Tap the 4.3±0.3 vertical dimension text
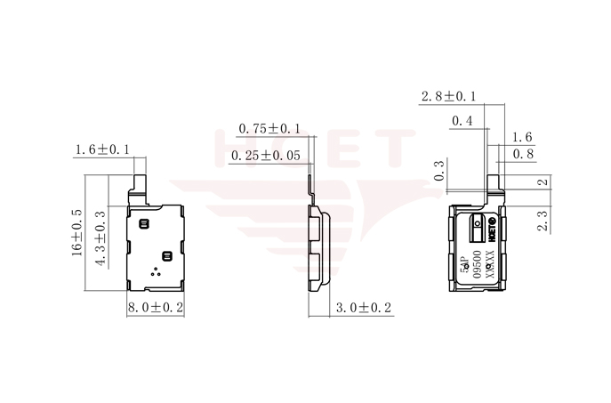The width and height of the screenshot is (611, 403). pyautogui.click(x=100, y=238)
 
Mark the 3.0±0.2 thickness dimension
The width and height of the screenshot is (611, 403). pyautogui.click(x=363, y=308)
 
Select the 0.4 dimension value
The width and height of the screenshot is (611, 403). pyautogui.click(x=462, y=121)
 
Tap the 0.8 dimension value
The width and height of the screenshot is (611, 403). pyautogui.click(x=523, y=154)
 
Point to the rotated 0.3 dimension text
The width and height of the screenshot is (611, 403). pyautogui.click(x=438, y=171)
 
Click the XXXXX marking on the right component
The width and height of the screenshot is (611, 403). pyautogui.click(x=489, y=267)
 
